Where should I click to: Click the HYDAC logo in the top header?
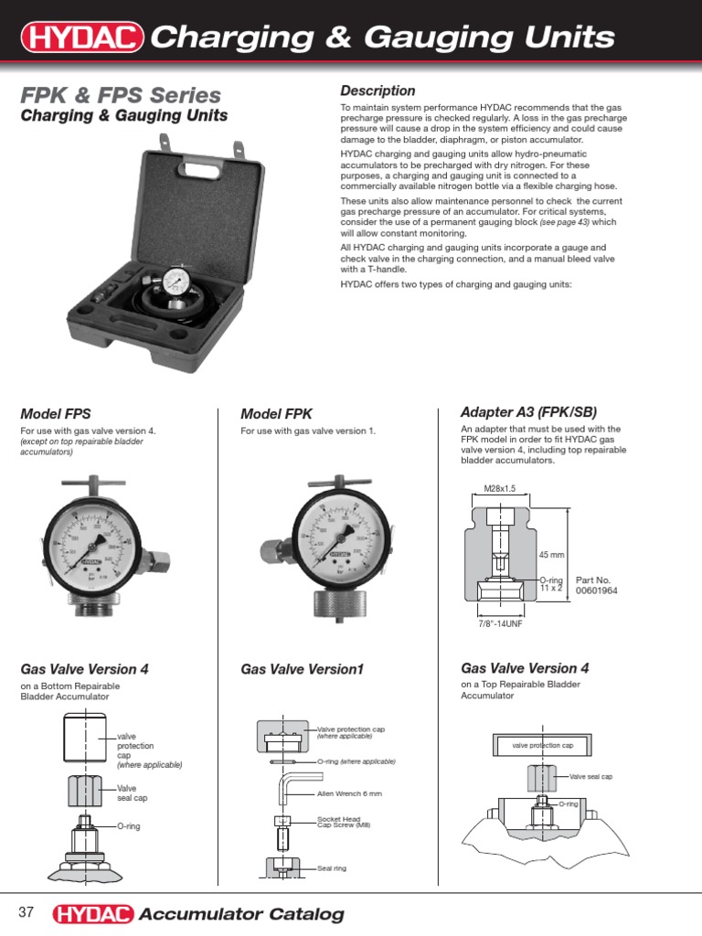pos(82,37)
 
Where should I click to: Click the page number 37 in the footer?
pos(26,913)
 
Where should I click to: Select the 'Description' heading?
pos(378,90)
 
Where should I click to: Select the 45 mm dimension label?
pos(552,555)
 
